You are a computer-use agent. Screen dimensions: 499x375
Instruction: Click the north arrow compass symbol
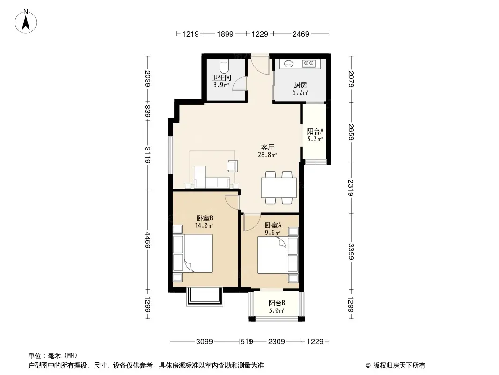(x=26, y=21)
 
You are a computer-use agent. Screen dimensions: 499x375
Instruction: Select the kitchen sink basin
(x=289, y=64)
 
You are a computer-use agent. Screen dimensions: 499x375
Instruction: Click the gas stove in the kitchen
(x=308, y=64)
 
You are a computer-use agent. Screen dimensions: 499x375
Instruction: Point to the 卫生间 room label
(x=221, y=77)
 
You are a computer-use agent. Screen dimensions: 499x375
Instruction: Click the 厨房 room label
(x=301, y=85)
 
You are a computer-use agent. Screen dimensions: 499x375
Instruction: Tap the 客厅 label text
(x=267, y=148)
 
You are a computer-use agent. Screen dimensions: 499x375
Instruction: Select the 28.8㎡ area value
(x=267, y=155)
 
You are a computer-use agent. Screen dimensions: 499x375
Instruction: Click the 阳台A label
(x=315, y=131)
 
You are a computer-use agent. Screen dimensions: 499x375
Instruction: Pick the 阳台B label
(x=277, y=303)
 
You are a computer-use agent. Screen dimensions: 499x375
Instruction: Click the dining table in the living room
(x=279, y=188)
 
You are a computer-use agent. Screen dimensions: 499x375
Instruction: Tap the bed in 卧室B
(x=192, y=253)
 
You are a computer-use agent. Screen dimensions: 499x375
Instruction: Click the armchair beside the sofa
(x=232, y=165)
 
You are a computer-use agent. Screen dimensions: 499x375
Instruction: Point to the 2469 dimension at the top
(x=301, y=34)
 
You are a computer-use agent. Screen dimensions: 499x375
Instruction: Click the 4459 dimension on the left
(x=147, y=240)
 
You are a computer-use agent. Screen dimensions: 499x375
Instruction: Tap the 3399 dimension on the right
(x=351, y=251)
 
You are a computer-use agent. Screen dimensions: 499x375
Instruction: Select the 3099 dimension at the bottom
(x=204, y=342)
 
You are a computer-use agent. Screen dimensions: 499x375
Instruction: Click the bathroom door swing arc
(x=237, y=83)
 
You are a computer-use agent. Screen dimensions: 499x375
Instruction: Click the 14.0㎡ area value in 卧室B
(x=204, y=226)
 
